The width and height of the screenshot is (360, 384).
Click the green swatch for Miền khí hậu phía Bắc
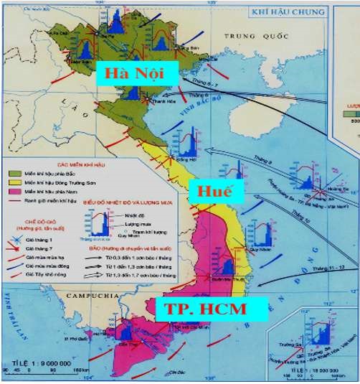coord(14,173)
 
